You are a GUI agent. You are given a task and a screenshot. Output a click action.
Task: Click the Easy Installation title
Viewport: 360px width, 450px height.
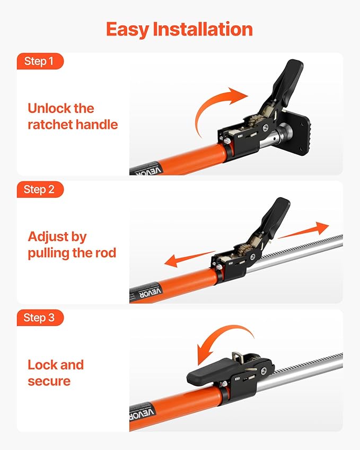(179, 29)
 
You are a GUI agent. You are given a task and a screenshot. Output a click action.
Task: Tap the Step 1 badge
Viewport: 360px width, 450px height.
(39, 61)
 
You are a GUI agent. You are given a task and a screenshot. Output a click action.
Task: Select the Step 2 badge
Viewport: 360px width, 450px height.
(39, 190)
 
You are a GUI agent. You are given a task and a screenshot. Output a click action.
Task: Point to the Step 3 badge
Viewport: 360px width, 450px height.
(39, 318)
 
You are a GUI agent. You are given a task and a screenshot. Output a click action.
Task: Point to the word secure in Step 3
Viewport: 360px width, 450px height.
(49, 381)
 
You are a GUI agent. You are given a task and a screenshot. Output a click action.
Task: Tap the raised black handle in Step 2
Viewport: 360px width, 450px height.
(277, 217)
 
